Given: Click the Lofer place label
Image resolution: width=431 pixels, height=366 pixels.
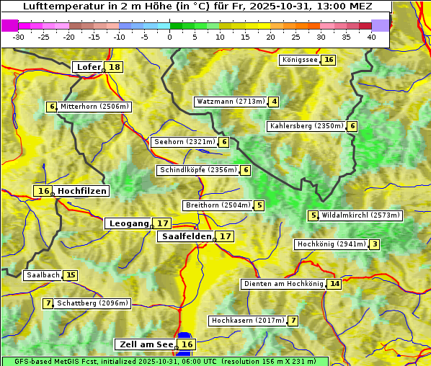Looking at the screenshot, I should pyautogui.click(x=88, y=67).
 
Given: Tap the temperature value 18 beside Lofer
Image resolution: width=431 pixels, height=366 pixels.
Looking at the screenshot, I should pyautogui.click(x=115, y=67).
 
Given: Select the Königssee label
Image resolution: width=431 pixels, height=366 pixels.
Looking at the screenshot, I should pyautogui.click(x=300, y=60).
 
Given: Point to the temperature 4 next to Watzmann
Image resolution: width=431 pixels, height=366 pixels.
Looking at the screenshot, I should pyautogui.click(x=274, y=102).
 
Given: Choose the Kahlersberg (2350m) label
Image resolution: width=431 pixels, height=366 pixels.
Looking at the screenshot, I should pyautogui.click(x=306, y=126).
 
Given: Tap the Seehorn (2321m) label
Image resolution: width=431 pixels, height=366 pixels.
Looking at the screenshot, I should pyautogui.click(x=185, y=142).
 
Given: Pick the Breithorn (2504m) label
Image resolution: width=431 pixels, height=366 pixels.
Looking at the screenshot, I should pyautogui.click(x=217, y=205).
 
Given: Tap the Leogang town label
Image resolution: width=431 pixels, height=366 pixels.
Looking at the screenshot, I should pyautogui.click(x=128, y=223).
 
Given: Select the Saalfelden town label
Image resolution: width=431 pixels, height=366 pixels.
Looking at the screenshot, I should pyautogui.click(x=186, y=236).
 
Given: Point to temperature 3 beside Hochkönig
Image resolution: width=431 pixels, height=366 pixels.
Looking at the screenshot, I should pyautogui.click(x=375, y=244).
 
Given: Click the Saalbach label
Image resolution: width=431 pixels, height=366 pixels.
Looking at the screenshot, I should pyautogui.click(x=43, y=275).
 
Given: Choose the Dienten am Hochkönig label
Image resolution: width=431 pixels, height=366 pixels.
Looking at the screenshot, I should pyautogui.click(x=283, y=284).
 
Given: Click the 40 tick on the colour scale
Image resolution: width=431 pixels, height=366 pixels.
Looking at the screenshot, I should pyautogui.click(x=371, y=37).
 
